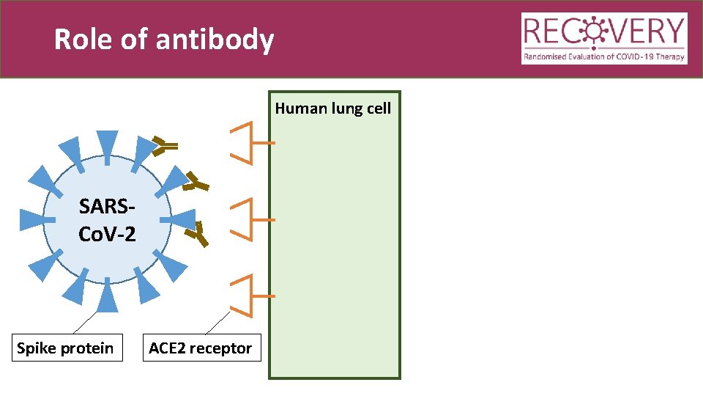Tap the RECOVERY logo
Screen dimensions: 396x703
pos(604,39)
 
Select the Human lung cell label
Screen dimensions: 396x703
pos(333,109)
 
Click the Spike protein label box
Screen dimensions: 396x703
pos(65,348)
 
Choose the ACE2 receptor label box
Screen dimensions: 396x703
pos(200,348)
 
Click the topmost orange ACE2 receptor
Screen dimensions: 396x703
pos(249,142)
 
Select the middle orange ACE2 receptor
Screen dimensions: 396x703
pos(249,219)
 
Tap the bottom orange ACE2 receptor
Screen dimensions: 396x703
pos(249,296)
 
